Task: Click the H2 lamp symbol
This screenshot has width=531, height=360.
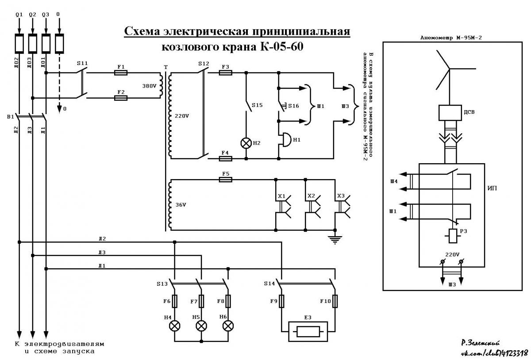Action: coord(246,143)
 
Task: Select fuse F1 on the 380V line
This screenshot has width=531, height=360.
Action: coord(121,73)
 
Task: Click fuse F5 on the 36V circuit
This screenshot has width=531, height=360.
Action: coord(225,180)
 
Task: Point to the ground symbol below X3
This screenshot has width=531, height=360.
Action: coord(335,239)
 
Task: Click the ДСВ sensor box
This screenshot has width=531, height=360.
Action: coord(450,113)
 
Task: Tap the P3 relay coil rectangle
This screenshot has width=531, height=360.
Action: coord(453,236)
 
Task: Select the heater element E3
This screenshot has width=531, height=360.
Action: coord(308,332)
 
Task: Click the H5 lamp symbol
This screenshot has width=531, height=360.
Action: coord(201,326)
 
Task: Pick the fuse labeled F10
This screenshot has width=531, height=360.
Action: coord(335,301)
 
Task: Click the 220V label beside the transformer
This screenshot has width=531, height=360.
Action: coord(182,116)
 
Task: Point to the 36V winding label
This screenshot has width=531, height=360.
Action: coord(181,205)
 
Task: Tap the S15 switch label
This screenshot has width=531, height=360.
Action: coord(257,105)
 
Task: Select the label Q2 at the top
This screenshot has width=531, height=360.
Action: coord(32,15)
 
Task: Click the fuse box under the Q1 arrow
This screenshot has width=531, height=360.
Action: coord(19,43)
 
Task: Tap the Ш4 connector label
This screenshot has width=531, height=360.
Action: coord(394,181)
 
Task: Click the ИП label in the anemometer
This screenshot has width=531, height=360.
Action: coord(492,188)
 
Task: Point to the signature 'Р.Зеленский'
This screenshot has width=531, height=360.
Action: coord(480,343)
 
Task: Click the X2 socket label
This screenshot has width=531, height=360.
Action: coord(311,196)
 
